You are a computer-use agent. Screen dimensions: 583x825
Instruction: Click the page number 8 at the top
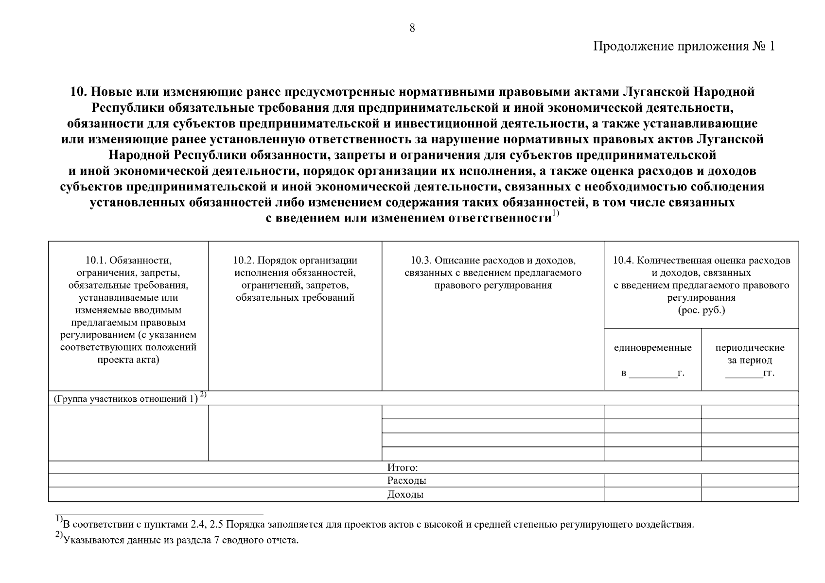point(412,28)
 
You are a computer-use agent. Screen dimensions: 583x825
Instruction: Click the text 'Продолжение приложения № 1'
point(683,47)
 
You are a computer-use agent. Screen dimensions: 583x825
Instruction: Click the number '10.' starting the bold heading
point(78,92)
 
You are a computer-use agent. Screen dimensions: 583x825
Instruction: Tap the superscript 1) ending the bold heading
point(556,215)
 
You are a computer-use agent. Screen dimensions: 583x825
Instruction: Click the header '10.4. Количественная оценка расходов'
point(701,260)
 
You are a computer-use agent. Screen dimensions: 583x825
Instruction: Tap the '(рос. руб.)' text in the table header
point(701,310)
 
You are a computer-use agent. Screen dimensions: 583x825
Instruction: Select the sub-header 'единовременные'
point(652,348)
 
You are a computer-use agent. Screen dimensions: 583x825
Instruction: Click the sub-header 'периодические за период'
point(750,354)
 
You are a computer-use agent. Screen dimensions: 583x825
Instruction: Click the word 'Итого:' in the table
point(403,468)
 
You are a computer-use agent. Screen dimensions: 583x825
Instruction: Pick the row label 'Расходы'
point(407,481)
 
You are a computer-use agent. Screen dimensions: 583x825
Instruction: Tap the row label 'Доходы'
point(405,495)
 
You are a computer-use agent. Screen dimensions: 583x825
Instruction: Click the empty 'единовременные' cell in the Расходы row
point(652,481)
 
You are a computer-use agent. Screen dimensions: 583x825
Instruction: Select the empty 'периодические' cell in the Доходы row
point(750,495)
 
